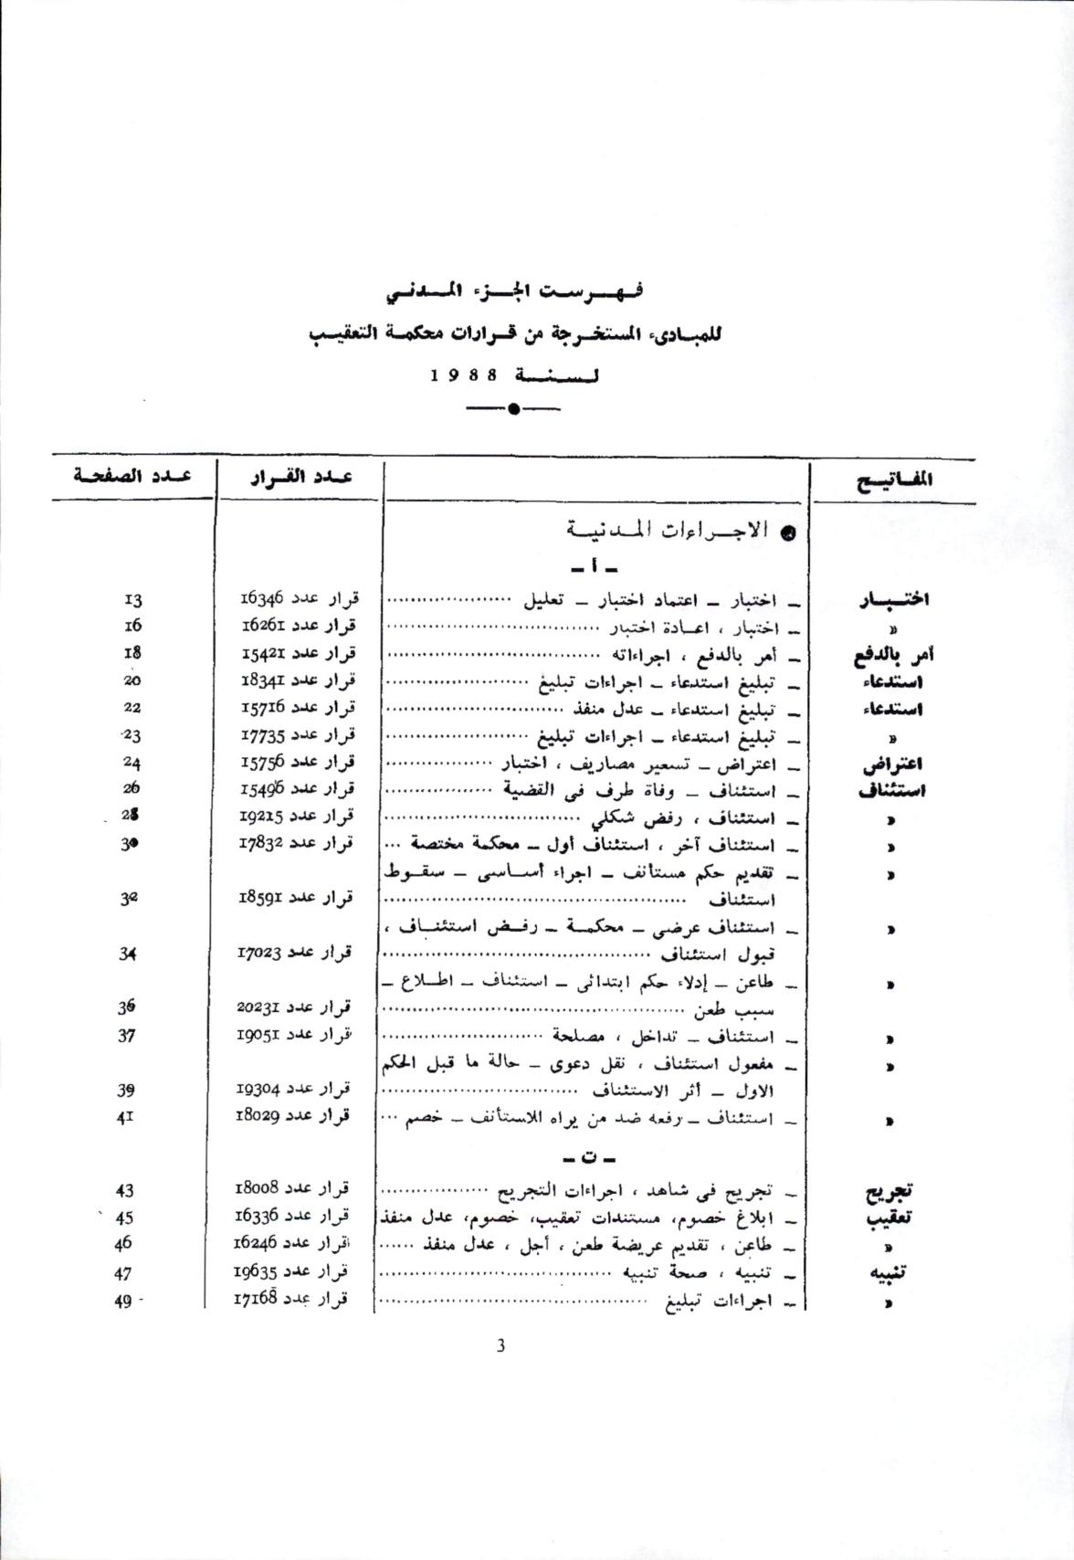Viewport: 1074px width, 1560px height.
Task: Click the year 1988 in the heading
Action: [463, 375]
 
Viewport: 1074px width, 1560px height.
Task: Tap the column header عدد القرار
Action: [301, 478]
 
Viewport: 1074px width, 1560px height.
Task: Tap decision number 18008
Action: [266, 1189]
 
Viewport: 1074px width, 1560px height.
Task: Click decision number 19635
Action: [264, 1271]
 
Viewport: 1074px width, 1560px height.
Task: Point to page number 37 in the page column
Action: [128, 1036]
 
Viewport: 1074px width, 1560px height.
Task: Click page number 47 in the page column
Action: [124, 1272]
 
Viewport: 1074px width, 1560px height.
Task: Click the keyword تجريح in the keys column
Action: [891, 1191]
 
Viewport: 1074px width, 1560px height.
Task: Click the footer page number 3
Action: [500, 1345]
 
